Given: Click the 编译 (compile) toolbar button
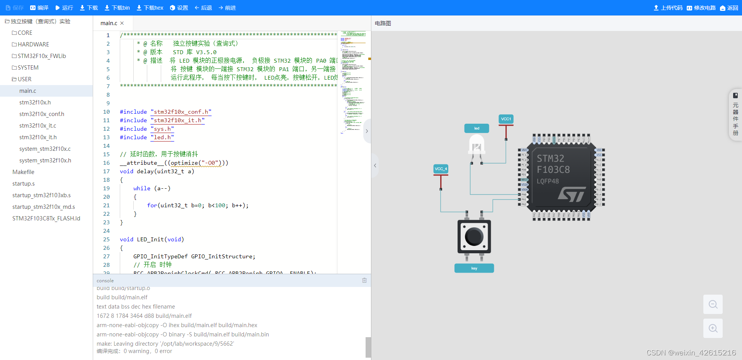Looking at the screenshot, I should [39, 8].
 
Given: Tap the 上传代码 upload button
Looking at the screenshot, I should [668, 8].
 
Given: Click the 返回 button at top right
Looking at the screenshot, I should [729, 8].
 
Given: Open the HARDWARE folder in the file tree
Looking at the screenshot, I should [33, 44].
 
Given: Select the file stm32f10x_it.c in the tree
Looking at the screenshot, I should [37, 126].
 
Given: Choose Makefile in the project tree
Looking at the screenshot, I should [23, 172].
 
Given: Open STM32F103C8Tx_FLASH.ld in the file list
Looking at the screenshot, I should [46, 218].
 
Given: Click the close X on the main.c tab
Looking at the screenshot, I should [122, 23].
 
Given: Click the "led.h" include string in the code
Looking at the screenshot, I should [162, 137].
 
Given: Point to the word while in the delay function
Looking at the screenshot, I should [142, 188].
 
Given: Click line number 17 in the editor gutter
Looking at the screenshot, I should [106, 171].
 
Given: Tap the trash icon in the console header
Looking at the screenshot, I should [364, 280].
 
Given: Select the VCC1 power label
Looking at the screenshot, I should [506, 119].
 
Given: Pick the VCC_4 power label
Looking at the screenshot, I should [441, 169].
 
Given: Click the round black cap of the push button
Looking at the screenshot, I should [474, 236].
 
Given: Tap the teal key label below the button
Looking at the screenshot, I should [474, 268].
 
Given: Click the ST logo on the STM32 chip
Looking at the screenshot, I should [572, 194].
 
